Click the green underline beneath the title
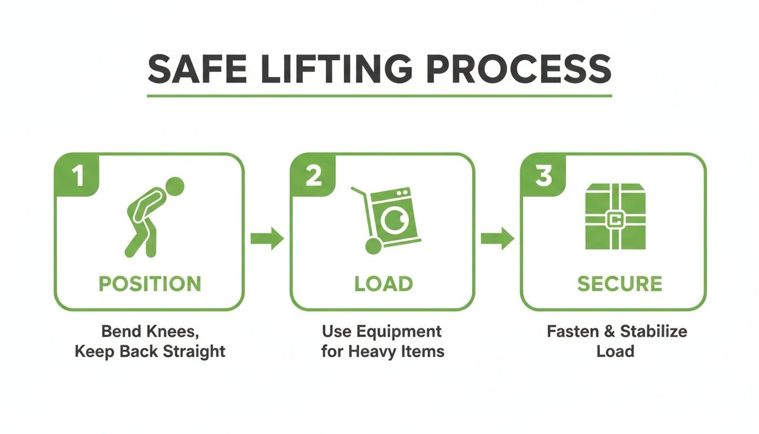pyautogui.click(x=380, y=96)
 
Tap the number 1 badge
pyautogui.click(x=77, y=176)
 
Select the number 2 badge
pyautogui.click(x=313, y=176)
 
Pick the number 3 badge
pyautogui.click(x=543, y=176)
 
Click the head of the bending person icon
pyautogui.click(x=175, y=186)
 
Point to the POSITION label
pyautogui.click(x=150, y=284)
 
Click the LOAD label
pyautogui.click(x=383, y=284)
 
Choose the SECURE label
pyautogui.click(x=620, y=284)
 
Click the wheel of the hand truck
pyautogui.click(x=372, y=246)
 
